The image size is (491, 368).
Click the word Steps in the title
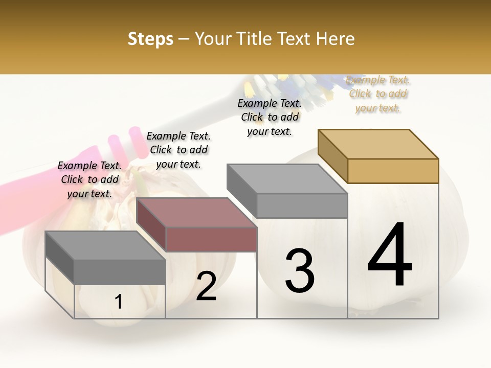(150, 39)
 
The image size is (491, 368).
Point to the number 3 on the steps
(299, 271)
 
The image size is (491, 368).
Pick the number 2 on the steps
(206, 286)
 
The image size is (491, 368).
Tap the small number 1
(119, 302)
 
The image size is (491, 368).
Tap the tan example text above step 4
(378, 94)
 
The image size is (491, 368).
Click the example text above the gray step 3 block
(270, 117)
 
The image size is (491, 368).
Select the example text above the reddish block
(178, 150)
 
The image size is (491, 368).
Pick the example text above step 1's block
(90, 179)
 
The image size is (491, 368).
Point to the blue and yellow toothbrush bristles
(286, 84)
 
